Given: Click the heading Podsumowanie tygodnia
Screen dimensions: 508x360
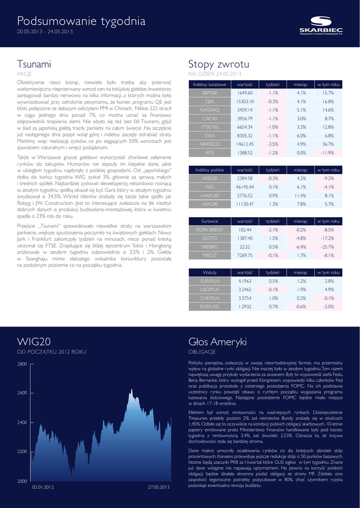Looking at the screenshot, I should coord(81,21).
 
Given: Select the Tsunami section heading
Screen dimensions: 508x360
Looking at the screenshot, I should coord(34,64).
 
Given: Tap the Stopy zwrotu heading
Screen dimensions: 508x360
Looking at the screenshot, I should coord(218,64).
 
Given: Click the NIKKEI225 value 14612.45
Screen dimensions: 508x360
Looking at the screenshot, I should coord(245,144).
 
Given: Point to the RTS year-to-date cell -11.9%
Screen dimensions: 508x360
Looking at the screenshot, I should coord(327,152).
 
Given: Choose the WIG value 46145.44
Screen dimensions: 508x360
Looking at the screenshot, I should coord(245,187).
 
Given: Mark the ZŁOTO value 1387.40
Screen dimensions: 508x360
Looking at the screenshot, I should coord(245,238).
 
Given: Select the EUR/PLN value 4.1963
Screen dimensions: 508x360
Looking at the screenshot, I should coord(245,281).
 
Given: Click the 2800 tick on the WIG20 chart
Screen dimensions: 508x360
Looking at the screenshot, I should coord(22,364).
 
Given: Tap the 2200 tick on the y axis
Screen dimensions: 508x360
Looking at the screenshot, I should coord(22,451).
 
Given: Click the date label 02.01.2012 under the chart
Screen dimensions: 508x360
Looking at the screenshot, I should coord(43,487).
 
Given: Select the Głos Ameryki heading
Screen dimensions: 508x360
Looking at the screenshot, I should coord(217,342).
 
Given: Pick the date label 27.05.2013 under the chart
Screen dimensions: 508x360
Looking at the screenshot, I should coord(159,487).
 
